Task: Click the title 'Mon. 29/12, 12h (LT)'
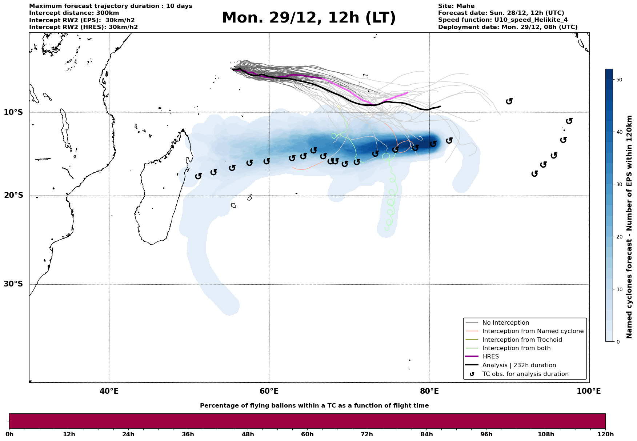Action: click(x=309, y=18)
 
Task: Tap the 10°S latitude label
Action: click(x=13, y=112)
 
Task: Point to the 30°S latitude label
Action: click(x=13, y=284)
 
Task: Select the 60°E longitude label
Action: click(x=269, y=391)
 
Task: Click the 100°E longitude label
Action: click(x=589, y=391)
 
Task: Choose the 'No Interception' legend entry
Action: click(x=505, y=323)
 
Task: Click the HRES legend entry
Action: click(x=490, y=357)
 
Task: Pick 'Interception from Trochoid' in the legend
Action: click(x=522, y=340)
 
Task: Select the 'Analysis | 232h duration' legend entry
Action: click(x=519, y=365)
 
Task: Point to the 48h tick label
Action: click(x=248, y=434)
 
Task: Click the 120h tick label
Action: click(x=605, y=434)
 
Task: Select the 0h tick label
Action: click(x=9, y=434)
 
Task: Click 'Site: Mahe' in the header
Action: click(x=456, y=6)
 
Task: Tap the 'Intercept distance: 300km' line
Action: click(x=74, y=13)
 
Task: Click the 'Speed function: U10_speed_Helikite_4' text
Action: click(x=502, y=20)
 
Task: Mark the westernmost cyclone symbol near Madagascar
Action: click(x=198, y=176)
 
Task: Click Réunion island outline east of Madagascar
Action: click(x=233, y=205)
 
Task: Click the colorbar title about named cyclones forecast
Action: click(x=630, y=227)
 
